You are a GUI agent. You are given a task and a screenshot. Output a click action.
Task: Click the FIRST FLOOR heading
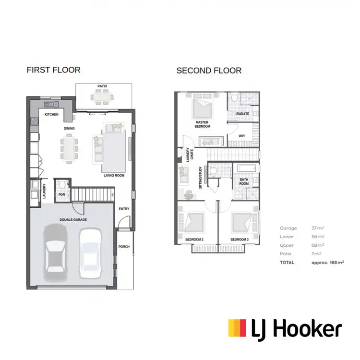point(53,70)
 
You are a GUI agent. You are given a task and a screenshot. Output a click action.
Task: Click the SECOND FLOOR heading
point(209,71)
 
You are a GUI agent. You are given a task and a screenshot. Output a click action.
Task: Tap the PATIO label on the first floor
point(102,86)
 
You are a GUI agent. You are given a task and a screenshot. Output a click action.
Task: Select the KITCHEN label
point(51,115)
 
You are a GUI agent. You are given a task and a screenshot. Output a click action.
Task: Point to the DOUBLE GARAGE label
point(73,220)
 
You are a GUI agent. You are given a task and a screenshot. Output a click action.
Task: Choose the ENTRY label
point(124,209)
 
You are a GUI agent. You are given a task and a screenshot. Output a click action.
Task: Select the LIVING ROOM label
point(114,176)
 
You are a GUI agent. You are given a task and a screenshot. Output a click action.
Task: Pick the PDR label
point(61,195)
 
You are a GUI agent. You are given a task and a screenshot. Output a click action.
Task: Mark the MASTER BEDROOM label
point(202,124)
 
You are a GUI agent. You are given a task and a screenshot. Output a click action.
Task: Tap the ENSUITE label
point(243,114)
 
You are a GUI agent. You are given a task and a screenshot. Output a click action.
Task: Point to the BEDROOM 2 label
point(194,239)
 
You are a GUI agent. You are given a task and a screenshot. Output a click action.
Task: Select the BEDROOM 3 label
point(239,239)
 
